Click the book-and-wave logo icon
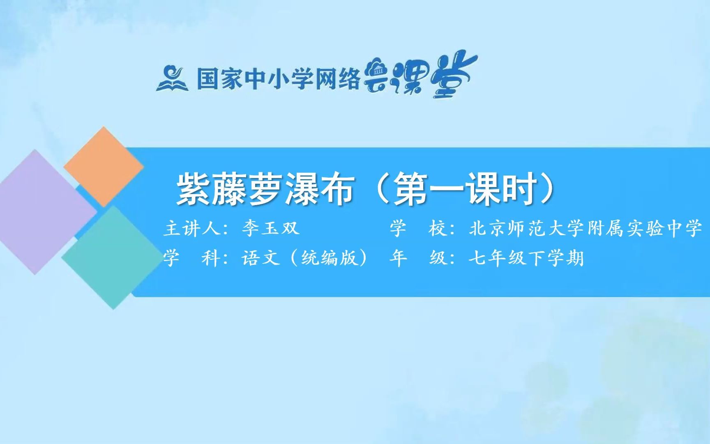172,79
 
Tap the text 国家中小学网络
278,79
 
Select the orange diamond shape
104,166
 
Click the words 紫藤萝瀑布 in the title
265,190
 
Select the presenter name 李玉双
270,228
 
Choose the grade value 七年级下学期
526,258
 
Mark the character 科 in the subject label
211,258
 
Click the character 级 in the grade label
438,258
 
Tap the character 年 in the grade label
398,258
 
